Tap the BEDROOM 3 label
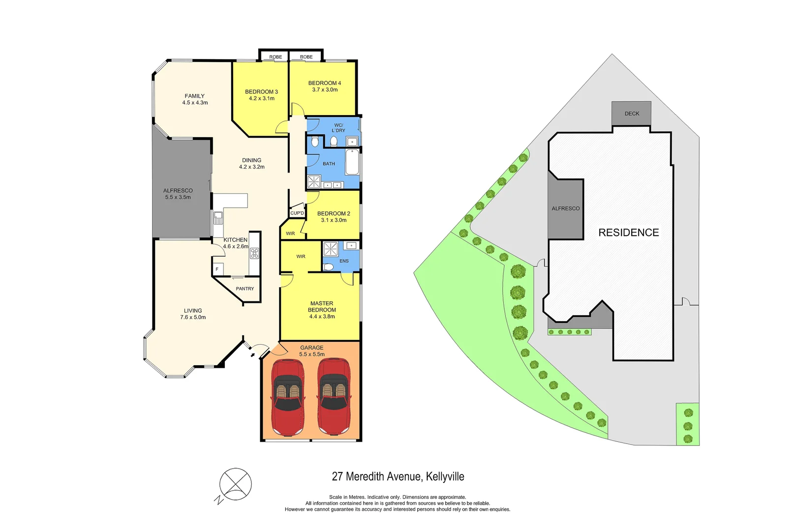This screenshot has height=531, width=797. tap(261, 92)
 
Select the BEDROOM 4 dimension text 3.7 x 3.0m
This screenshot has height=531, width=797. tap(325, 90)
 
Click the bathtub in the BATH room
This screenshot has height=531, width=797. tap(352, 163)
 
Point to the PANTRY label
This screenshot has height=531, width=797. tap(245, 289)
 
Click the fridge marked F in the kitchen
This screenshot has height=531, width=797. tap(217, 269)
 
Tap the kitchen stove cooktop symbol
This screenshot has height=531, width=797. tap(254, 253)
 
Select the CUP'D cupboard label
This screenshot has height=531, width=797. tap(297, 213)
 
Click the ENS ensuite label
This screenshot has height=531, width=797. tap(344, 261)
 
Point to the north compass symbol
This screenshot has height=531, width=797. tap(235, 485)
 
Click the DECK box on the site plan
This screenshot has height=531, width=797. tap(632, 114)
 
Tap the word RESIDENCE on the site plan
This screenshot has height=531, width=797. tap(628, 233)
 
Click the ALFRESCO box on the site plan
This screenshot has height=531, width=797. tap(565, 208)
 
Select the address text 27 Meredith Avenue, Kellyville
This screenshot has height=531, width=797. tap(398, 476)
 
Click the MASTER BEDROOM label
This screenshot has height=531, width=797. tap(322, 307)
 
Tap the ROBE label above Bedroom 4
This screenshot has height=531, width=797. tap(306, 57)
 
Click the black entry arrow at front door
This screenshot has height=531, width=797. tap(252, 354)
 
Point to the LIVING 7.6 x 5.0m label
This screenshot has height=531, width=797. tap(193, 314)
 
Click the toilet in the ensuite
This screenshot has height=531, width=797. tap(329, 267)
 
